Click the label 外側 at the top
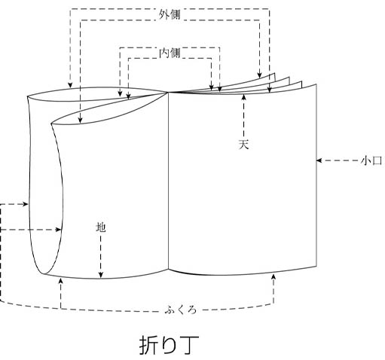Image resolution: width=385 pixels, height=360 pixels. tap(170, 14)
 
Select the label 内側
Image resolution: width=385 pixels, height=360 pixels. tap(170, 53)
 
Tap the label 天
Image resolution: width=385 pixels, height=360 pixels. tap(243, 144)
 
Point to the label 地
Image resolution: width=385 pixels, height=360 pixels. tap(101, 227)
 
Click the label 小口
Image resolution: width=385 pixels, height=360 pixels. tap(371, 160)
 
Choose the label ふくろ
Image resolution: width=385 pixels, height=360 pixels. tap(181, 310)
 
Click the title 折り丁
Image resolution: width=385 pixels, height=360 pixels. tap(170, 345)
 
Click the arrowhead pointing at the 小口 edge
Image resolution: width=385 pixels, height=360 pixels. tap(319, 160)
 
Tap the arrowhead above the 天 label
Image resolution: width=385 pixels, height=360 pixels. tap(243, 96)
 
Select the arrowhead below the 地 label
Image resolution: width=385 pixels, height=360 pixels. tap(101, 275)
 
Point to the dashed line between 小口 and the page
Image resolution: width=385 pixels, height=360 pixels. tap(339, 160)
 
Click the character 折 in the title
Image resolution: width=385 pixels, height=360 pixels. tap(149, 345)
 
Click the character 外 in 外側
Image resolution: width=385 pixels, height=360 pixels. tap(164, 14)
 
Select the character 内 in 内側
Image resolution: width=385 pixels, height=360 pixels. tap(164, 53)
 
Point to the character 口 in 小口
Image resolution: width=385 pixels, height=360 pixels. tap(377, 160)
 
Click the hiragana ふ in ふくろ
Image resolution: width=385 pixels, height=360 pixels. tap(170, 310)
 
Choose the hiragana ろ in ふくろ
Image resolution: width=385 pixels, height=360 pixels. tap(192, 310)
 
